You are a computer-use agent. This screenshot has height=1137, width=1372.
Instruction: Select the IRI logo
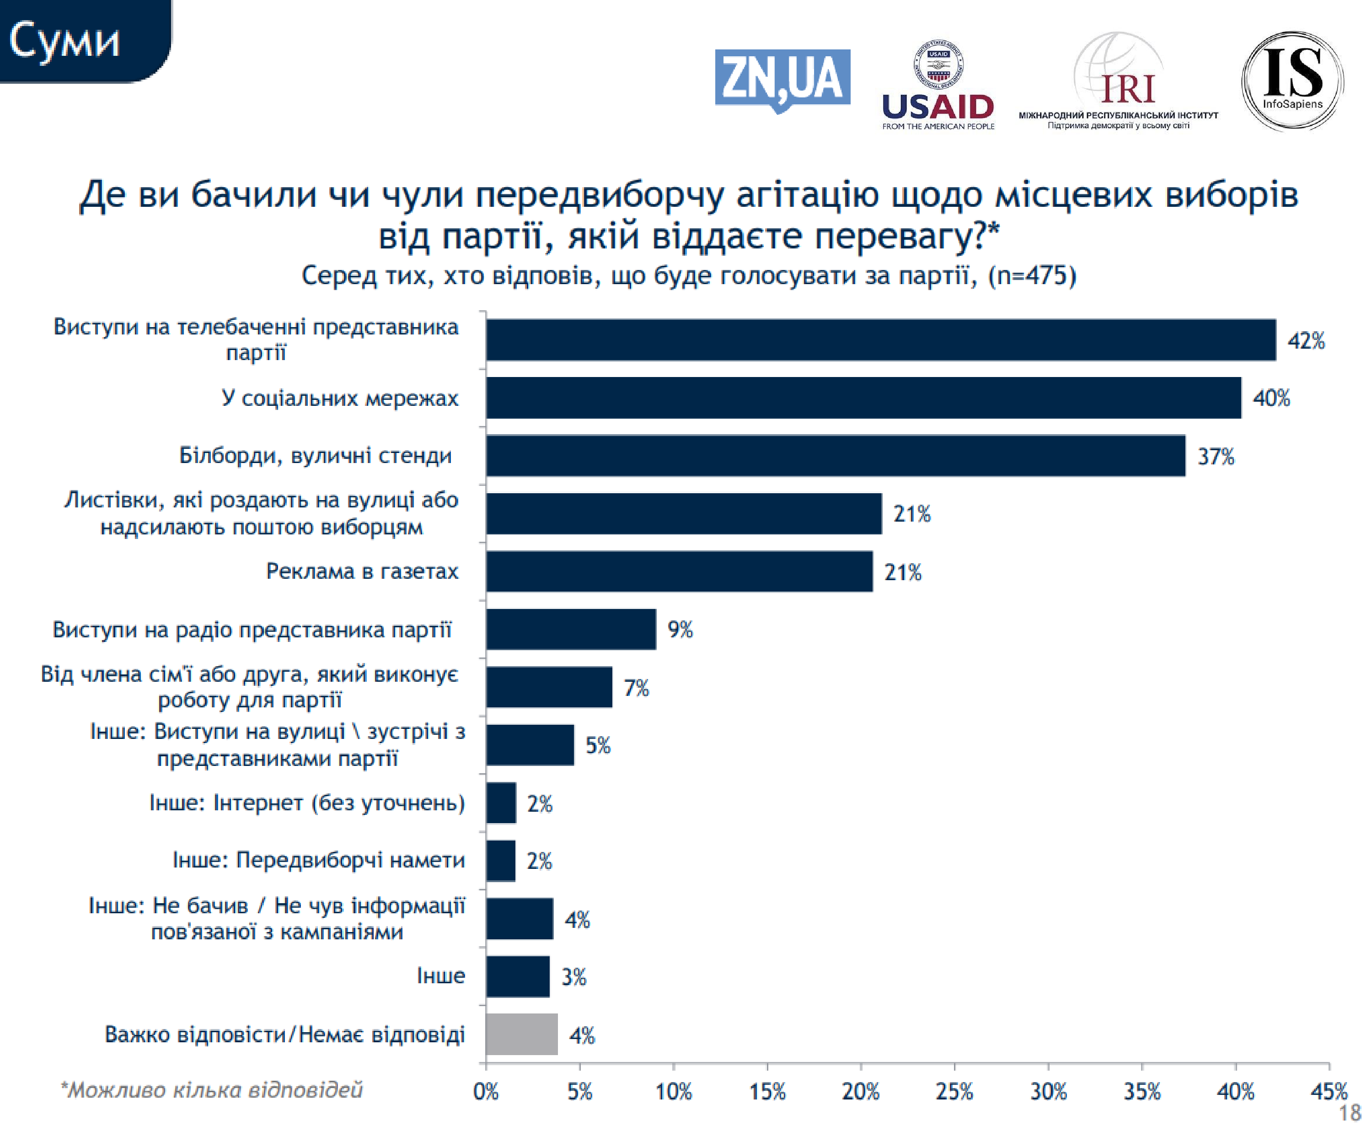(x=1119, y=82)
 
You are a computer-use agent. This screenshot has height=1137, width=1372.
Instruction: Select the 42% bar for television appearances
(x=880, y=340)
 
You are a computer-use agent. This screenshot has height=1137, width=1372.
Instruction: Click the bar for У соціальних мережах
(x=863, y=397)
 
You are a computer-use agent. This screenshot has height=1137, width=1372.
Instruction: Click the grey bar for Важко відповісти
(x=521, y=1035)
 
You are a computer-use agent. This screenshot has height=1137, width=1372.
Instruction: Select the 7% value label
(x=636, y=687)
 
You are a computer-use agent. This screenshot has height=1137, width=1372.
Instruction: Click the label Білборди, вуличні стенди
(x=316, y=455)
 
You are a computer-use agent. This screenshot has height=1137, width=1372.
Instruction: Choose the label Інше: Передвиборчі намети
(x=318, y=860)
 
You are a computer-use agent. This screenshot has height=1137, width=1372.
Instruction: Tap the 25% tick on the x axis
(x=954, y=1091)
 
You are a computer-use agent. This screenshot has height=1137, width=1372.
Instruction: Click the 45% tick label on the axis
(x=1328, y=1091)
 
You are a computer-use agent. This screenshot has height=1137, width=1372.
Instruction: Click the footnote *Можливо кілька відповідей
(x=211, y=1090)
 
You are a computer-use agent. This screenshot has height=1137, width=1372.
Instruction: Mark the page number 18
(x=1349, y=1113)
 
